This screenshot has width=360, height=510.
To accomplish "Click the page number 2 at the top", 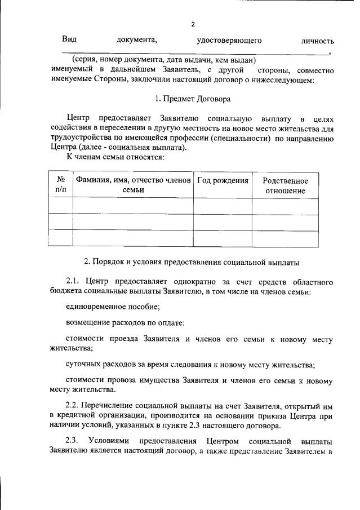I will coord(192,24).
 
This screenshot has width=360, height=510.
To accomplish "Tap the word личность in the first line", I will coord(318,41).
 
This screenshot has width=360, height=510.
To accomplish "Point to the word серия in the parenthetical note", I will coord(87,60).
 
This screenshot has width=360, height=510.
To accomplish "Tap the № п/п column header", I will coord(60,185).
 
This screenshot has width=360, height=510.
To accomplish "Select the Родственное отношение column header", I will coord(286,185).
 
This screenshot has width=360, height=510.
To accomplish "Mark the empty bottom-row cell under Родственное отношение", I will coord(286,238).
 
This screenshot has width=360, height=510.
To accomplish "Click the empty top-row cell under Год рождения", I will coord(223,206).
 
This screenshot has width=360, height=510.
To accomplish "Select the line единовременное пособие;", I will coord(113,307).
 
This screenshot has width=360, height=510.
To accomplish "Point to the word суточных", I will coord(84,364).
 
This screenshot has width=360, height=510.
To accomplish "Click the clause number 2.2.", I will coord(73,405).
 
